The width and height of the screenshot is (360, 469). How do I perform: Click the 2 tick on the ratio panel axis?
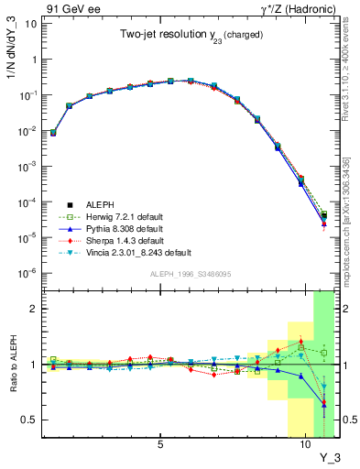pyautogui.click(x=33, y=309)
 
